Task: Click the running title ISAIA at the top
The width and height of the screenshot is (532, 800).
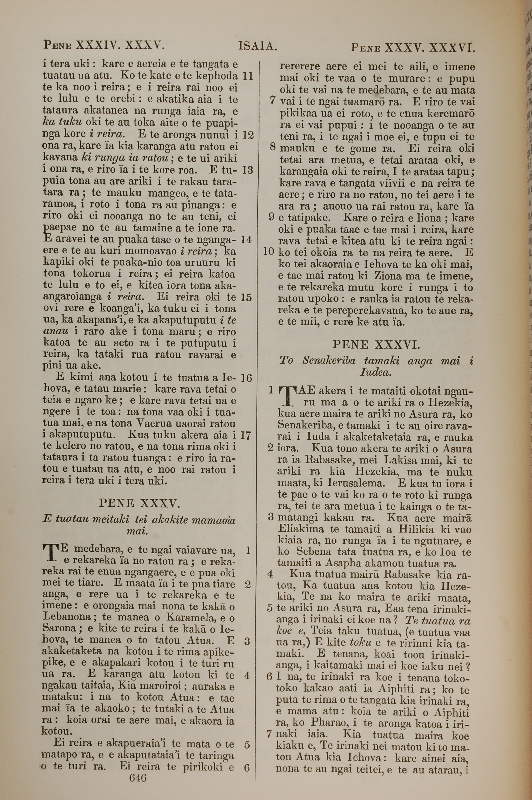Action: point(258,46)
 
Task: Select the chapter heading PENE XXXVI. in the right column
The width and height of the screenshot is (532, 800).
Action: point(376,345)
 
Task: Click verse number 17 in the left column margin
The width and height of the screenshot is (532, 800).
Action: point(246,435)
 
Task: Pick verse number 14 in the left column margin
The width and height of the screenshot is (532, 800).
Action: point(246,240)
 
